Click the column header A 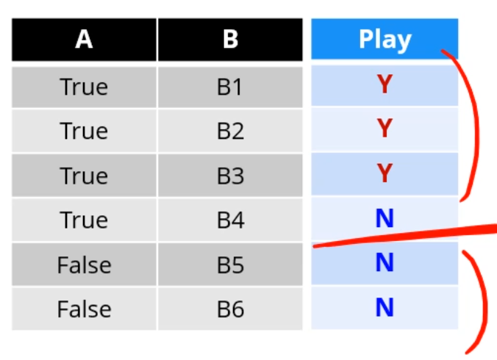pyautogui.click(x=84, y=39)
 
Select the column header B pyautogui.click(x=230, y=39)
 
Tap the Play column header pyautogui.click(x=385, y=39)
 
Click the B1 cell pyautogui.click(x=230, y=87)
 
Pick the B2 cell pyautogui.click(x=230, y=131)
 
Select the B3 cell pyautogui.click(x=230, y=176)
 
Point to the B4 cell pyautogui.click(x=230, y=220)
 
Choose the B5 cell pyautogui.click(x=230, y=264)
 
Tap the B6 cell pyautogui.click(x=230, y=309)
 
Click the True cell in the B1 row pyautogui.click(x=84, y=87)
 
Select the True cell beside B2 pyautogui.click(x=84, y=131)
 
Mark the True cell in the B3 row pyautogui.click(x=84, y=176)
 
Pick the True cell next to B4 pyautogui.click(x=84, y=220)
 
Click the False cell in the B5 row pyautogui.click(x=84, y=264)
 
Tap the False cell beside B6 pyautogui.click(x=84, y=309)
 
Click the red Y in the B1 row pyautogui.click(x=385, y=85)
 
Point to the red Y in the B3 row pyautogui.click(x=385, y=174)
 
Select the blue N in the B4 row pyautogui.click(x=385, y=218)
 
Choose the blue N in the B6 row pyautogui.click(x=385, y=308)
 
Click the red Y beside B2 pyautogui.click(x=385, y=129)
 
